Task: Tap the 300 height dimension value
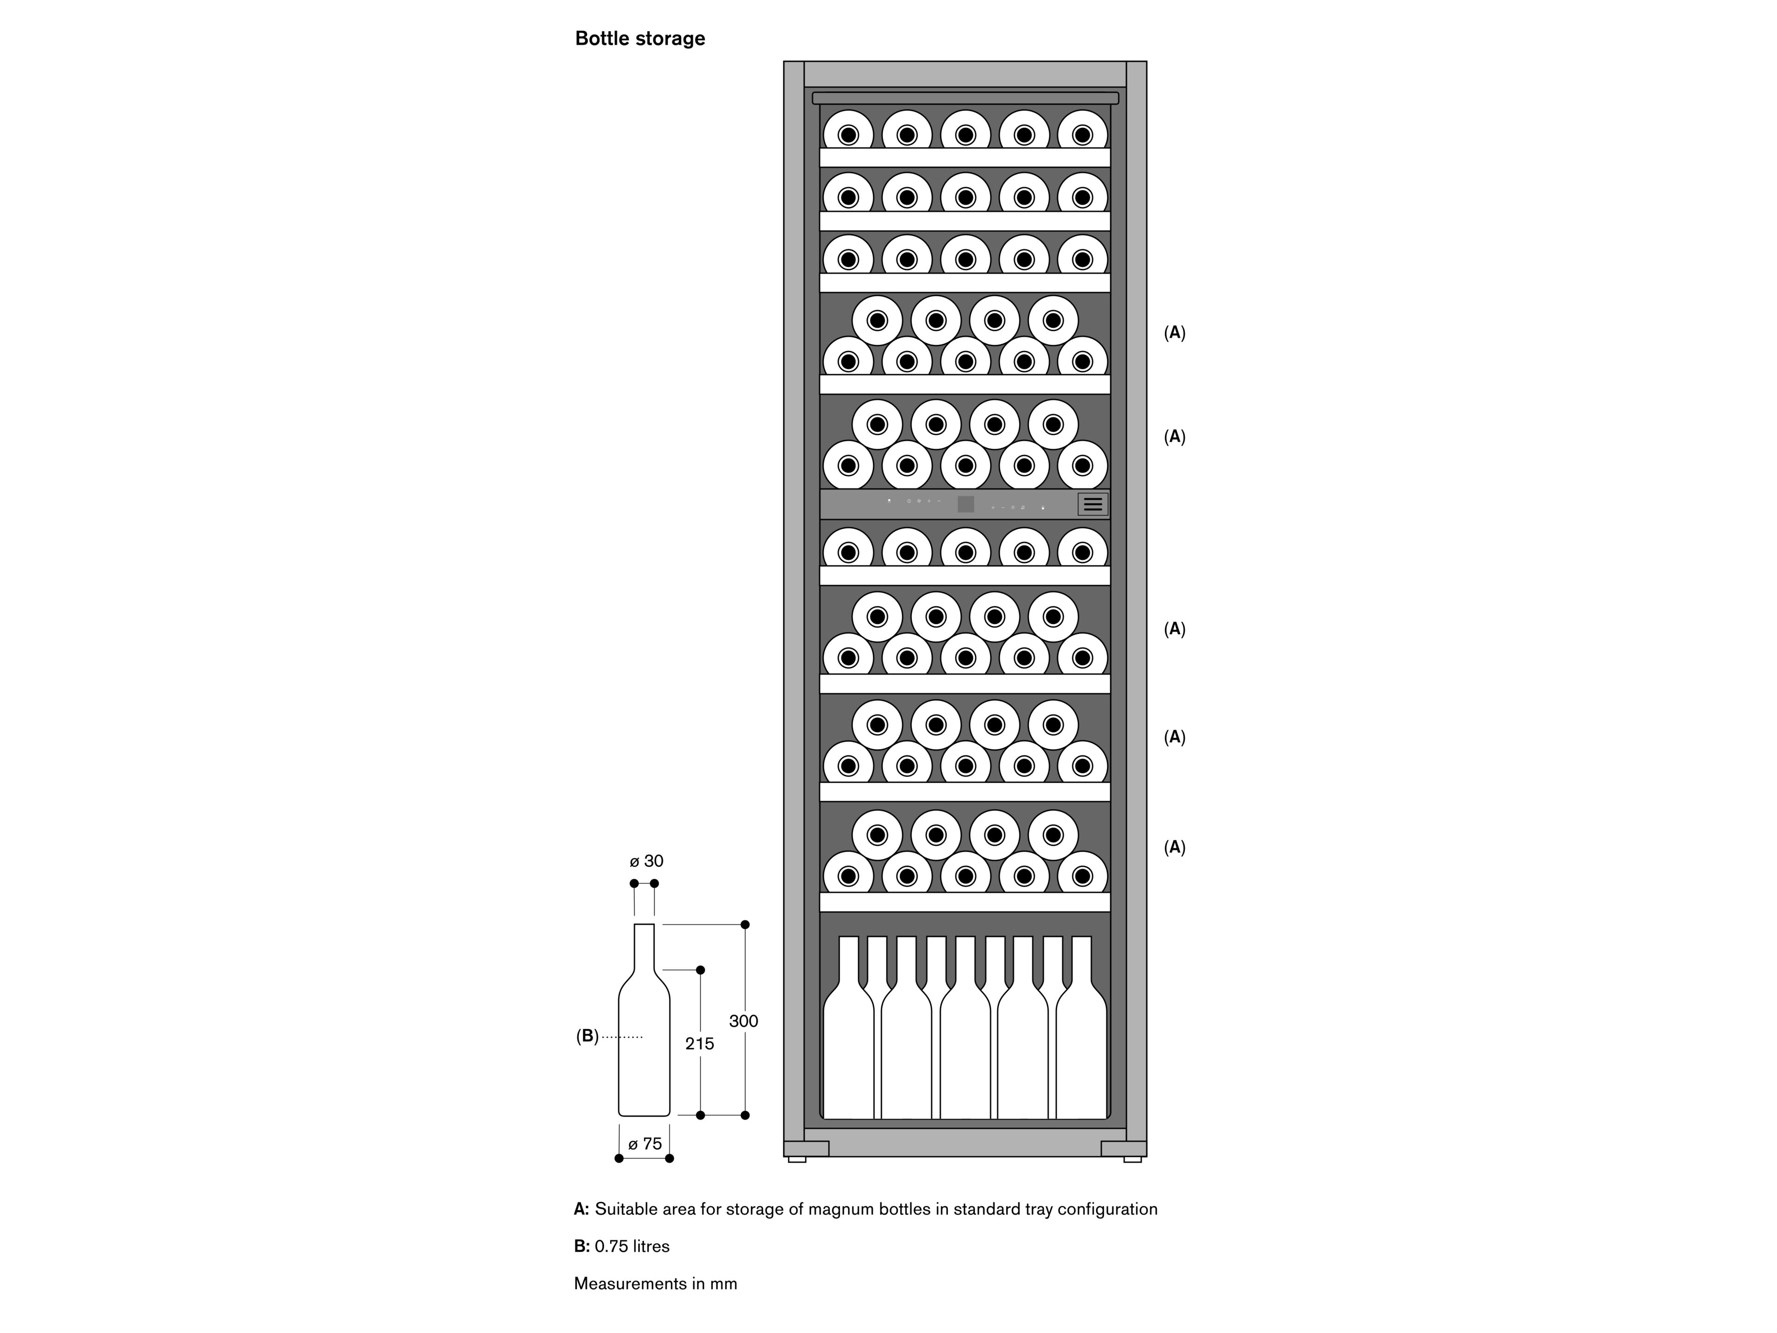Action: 743,1021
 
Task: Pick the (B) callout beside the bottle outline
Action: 587,1036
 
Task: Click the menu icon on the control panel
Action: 1092,504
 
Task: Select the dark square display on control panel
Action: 966,504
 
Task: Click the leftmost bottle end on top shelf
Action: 848,131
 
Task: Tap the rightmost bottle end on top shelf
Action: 1082,131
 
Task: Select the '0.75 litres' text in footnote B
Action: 632,1246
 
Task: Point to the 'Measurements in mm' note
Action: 655,1283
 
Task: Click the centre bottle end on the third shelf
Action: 966,257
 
